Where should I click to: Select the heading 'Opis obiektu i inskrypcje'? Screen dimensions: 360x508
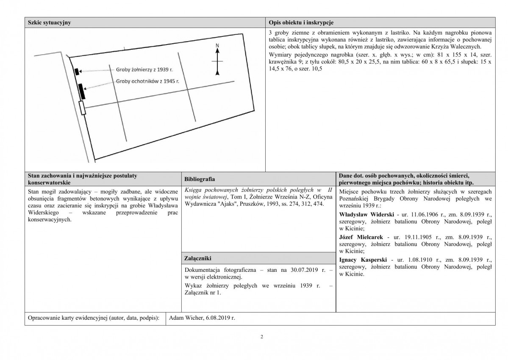pos(300,22)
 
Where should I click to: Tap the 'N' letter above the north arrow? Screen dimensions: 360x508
pos(217,45)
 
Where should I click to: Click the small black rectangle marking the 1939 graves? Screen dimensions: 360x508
pos(76,71)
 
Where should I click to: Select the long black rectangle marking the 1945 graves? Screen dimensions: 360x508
pos(81,91)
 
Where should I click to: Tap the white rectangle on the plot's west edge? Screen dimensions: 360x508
pos(82,108)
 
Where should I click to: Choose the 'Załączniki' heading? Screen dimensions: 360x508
pos(198,258)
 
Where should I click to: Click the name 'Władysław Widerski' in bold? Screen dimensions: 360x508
pos(365,214)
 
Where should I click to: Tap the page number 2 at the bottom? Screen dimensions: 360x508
pos(261,338)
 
